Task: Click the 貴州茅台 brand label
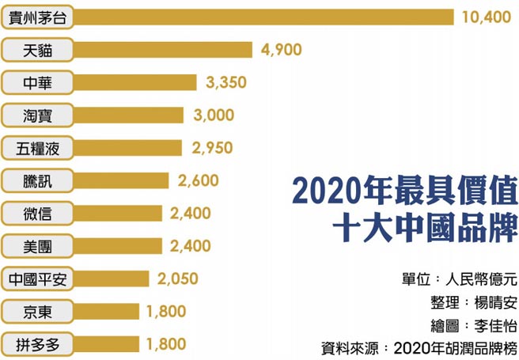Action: click(x=37, y=17)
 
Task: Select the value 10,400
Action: click(x=486, y=17)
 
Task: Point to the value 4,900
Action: click(x=281, y=50)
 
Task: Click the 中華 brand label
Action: click(x=37, y=82)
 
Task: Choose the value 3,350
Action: click(x=225, y=82)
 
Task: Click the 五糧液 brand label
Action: click(x=37, y=148)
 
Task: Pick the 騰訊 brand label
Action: click(x=37, y=181)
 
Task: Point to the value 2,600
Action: click(x=199, y=181)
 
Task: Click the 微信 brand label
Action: click(x=37, y=214)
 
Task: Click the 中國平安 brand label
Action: click(x=37, y=279)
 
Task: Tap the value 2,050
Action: click(x=178, y=279)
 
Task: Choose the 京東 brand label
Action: click(x=37, y=312)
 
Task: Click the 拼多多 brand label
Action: click(x=37, y=344)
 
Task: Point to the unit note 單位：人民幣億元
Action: click(x=459, y=279)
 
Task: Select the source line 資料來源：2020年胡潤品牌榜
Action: click(x=419, y=347)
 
